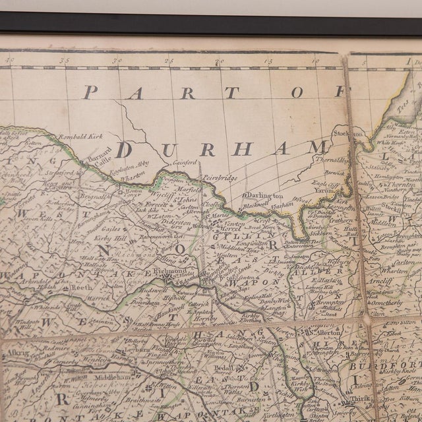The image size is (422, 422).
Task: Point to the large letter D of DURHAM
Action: [x=124, y=149]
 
